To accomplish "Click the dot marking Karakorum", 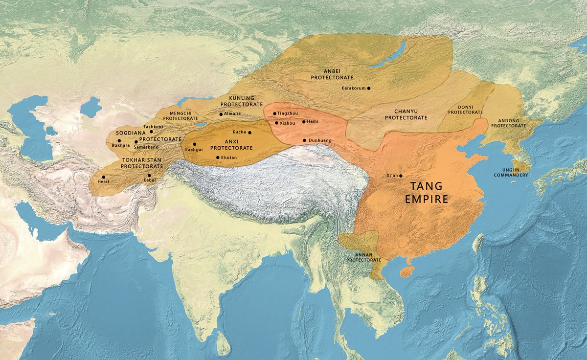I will point(369,88).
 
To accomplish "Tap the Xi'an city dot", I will point(401,176).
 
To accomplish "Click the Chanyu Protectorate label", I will point(406,114).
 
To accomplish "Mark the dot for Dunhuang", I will point(304,140).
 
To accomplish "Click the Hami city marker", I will point(304,121).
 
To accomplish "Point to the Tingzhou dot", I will point(275,113).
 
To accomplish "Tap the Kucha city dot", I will point(249,132).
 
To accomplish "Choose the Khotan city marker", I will point(217,157).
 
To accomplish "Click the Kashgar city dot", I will point(195,144).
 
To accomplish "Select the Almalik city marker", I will point(221,114).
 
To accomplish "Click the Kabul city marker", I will point(149,175).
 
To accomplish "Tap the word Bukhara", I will point(121,145).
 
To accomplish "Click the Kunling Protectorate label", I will point(238,101).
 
